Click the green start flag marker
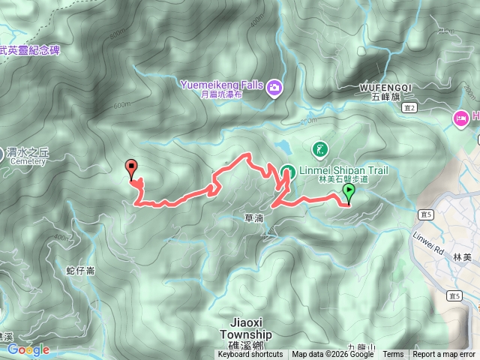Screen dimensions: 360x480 (348, 193)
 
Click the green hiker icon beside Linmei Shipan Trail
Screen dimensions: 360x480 (319, 149)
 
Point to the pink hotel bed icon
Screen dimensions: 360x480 (460, 117)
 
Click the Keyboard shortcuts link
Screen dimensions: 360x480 (250, 355)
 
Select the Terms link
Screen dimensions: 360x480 (393, 355)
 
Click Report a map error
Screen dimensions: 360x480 (444, 355)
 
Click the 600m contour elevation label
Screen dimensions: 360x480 (122, 104)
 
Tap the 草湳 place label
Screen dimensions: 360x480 (254, 217)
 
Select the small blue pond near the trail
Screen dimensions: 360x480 (282, 145)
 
